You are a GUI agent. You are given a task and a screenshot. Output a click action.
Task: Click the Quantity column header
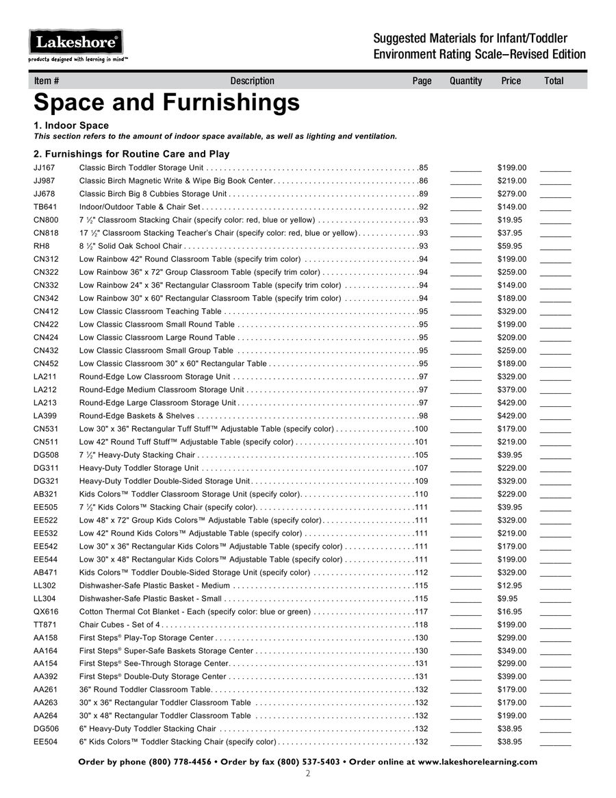click(x=465, y=81)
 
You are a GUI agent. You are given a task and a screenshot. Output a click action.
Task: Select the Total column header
click(x=554, y=81)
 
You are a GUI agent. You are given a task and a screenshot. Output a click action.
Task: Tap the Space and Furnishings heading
click(x=166, y=103)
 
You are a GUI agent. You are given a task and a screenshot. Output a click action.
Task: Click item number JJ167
click(x=44, y=168)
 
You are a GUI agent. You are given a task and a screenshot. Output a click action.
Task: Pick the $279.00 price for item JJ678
click(x=512, y=194)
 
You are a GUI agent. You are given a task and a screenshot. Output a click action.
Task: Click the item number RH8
click(x=41, y=246)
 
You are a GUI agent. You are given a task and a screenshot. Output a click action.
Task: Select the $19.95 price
click(x=510, y=220)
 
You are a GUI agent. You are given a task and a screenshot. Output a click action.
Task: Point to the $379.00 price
click(x=512, y=390)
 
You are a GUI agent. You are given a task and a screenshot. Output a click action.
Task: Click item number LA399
click(x=44, y=416)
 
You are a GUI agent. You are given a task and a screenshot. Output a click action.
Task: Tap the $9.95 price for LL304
click(x=507, y=599)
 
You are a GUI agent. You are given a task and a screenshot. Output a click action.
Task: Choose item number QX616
click(x=45, y=612)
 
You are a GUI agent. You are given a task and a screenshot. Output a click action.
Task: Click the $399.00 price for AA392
click(x=512, y=677)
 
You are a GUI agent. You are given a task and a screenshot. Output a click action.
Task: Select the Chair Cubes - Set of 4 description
click(x=120, y=625)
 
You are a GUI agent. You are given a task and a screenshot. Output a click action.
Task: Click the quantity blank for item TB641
click(x=466, y=208)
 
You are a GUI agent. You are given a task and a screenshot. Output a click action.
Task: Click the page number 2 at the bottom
click(x=308, y=774)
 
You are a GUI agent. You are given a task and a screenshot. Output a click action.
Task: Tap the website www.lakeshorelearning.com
click(x=477, y=762)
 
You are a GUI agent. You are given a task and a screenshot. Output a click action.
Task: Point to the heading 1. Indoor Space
click(x=71, y=125)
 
